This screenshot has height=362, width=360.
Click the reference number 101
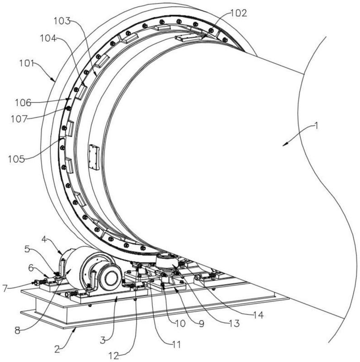[x=27, y=63]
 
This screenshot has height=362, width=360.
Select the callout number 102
[x=238, y=13]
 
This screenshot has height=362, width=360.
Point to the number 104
[x=47, y=38]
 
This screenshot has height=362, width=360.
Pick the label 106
[x=23, y=103]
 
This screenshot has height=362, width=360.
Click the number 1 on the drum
[x=317, y=126]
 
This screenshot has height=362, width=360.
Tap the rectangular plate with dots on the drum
[x=94, y=157]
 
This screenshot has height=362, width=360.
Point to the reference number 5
[x=27, y=248]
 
